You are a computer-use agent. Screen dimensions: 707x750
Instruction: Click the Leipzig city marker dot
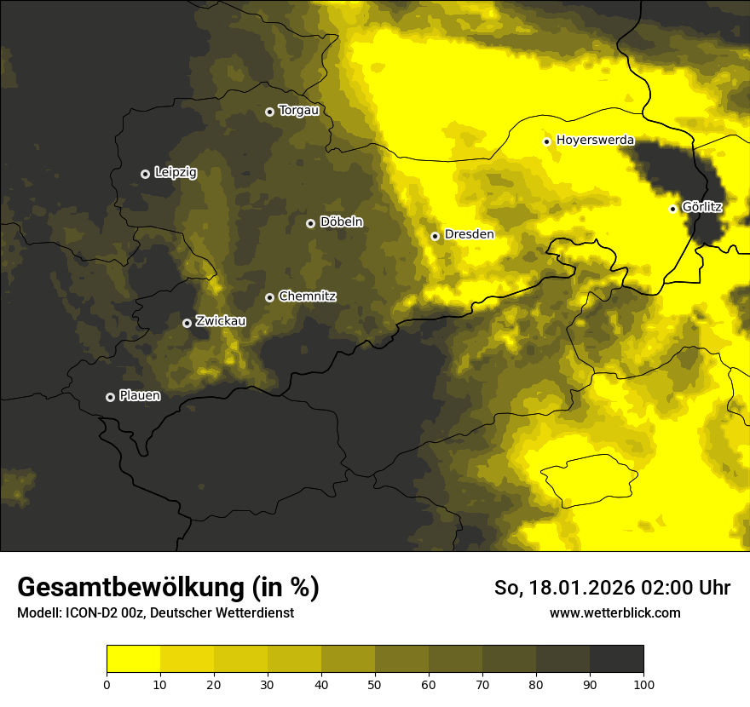pyautogui.click(x=145, y=174)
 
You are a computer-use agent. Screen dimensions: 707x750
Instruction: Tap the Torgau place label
pyautogui.click(x=299, y=111)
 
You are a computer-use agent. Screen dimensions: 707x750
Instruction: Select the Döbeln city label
pyautogui.click(x=341, y=222)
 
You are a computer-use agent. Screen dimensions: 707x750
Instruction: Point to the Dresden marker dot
pyautogui.click(x=435, y=236)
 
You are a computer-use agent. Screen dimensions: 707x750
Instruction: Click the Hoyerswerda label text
pyautogui.click(x=595, y=140)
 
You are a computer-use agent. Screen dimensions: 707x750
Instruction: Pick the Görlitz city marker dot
pyautogui.click(x=672, y=209)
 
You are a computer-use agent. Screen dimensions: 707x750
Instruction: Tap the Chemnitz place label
pyautogui.click(x=307, y=296)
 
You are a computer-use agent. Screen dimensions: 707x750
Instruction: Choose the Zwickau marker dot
pyautogui.click(x=187, y=323)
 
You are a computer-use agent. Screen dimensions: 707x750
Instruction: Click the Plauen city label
pyautogui.click(x=140, y=396)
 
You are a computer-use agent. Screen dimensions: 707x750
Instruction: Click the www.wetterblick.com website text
pyautogui.click(x=614, y=612)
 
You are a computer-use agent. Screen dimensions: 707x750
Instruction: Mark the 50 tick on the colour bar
pyautogui.click(x=375, y=683)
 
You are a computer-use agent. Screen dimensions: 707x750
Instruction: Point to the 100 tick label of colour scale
pyautogui.click(x=643, y=683)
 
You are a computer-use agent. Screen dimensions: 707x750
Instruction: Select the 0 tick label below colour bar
pyautogui.click(x=107, y=683)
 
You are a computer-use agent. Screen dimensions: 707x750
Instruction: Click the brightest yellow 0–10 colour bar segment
pyautogui.click(x=133, y=659)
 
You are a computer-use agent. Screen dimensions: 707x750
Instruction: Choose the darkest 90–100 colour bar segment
pyautogui.click(x=616, y=659)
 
